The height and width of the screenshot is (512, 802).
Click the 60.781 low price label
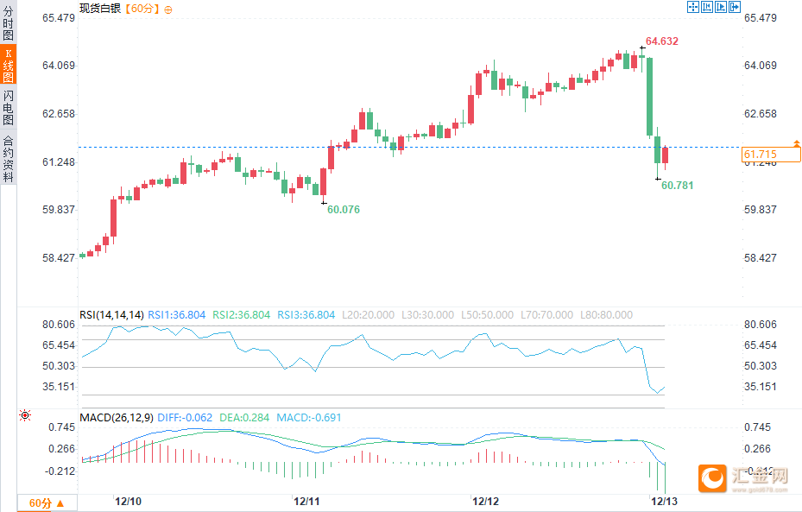pyautogui.click(x=678, y=185)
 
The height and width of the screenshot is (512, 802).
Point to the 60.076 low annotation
pyautogui.click(x=344, y=210)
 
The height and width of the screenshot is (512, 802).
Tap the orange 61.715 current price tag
pyautogui.click(x=760, y=155)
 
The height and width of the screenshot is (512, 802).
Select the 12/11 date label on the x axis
pyautogui.click(x=306, y=501)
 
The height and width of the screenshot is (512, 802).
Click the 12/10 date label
pyautogui.click(x=128, y=501)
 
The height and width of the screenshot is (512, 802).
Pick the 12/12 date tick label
pyautogui.click(x=485, y=501)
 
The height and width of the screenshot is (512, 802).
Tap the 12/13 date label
pyautogui.click(x=663, y=501)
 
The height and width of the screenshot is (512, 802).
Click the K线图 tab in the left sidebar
pyautogui.click(x=9, y=65)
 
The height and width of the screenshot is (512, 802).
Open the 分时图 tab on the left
pyautogui.click(x=9, y=22)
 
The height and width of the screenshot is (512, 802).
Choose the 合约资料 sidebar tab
pyautogui.click(x=9, y=158)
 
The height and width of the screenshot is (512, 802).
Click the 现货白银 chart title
pyautogui.click(x=100, y=9)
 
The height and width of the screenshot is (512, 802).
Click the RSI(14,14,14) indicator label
pyautogui.click(x=111, y=315)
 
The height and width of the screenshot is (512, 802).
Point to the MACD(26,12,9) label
pyautogui.click(x=117, y=418)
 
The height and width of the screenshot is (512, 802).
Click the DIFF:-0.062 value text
pyautogui.click(x=185, y=418)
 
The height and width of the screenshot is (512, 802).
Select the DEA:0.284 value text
pyautogui.click(x=243, y=418)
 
